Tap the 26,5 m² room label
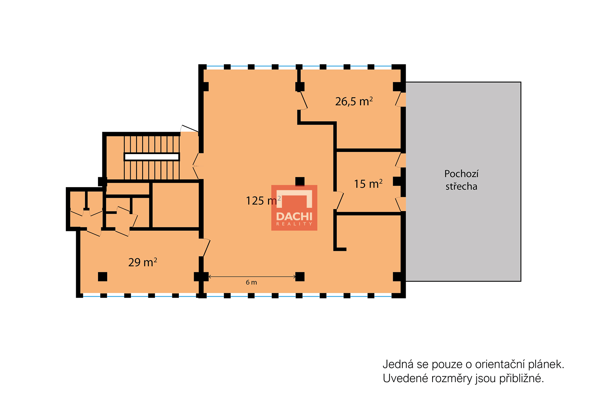354,102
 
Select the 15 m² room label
368,184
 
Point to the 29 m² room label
143,262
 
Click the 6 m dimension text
251,282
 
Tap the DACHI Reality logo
294,207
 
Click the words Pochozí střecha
462,180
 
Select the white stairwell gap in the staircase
152,157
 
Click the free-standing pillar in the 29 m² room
103,277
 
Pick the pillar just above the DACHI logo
300,181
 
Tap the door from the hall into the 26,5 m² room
303,101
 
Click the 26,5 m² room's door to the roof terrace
400,100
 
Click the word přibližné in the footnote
521,379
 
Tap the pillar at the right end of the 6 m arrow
300,277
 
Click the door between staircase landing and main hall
196,166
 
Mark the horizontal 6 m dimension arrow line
252,277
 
